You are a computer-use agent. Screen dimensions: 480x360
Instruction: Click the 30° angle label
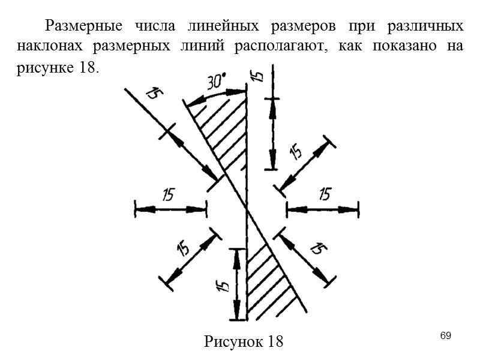(x=217, y=82)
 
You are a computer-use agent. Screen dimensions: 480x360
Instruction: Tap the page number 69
(x=445, y=334)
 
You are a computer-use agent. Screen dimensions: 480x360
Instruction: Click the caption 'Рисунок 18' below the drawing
(x=244, y=342)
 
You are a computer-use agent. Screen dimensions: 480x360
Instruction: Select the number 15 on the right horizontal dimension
(x=324, y=194)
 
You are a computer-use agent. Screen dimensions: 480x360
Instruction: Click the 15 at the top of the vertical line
(x=256, y=76)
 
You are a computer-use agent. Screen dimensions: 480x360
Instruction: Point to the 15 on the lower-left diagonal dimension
(x=184, y=247)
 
